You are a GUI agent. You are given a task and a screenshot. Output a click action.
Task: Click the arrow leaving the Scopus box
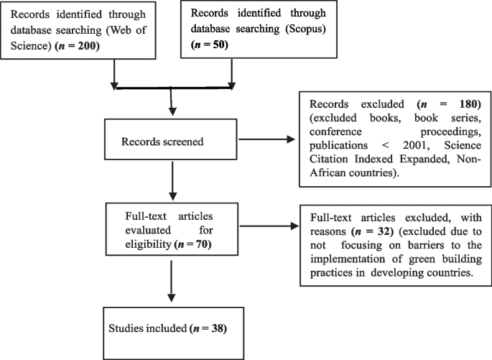[x=232, y=73]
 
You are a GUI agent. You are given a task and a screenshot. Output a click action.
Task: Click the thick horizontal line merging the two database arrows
[x=172, y=88]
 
